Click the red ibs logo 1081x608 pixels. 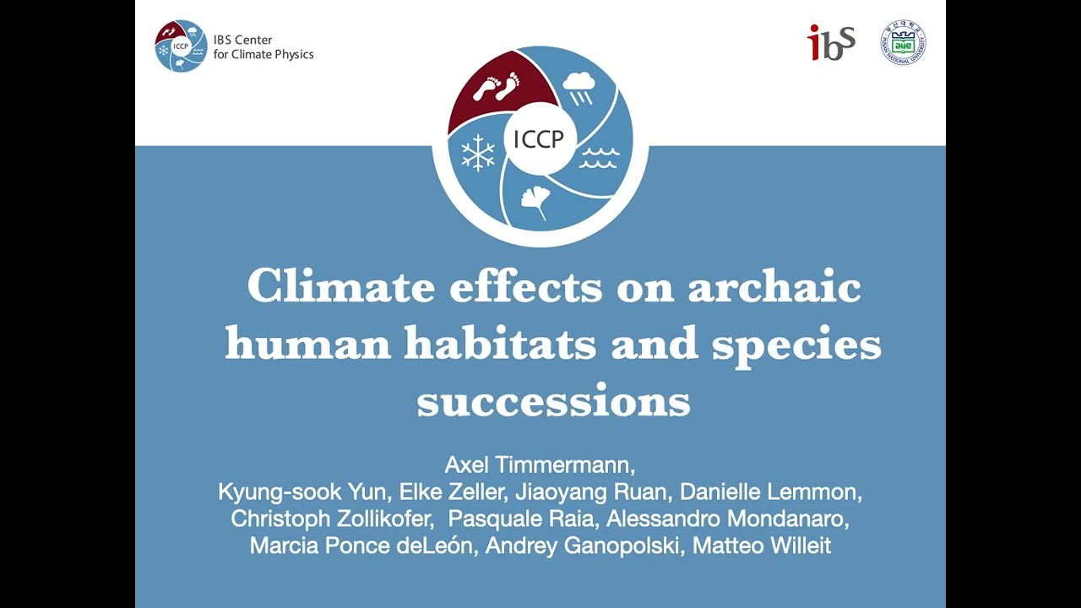[x=832, y=42]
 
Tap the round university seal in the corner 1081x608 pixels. [x=903, y=42]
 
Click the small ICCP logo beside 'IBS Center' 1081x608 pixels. [x=181, y=46]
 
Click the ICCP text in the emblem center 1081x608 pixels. [x=538, y=139]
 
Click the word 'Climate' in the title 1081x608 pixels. [x=341, y=287]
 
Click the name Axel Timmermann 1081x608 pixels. [x=540, y=465]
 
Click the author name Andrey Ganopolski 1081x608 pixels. [x=584, y=546]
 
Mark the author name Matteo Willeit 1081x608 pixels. [x=762, y=546]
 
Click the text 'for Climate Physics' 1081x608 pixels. [x=263, y=55]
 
